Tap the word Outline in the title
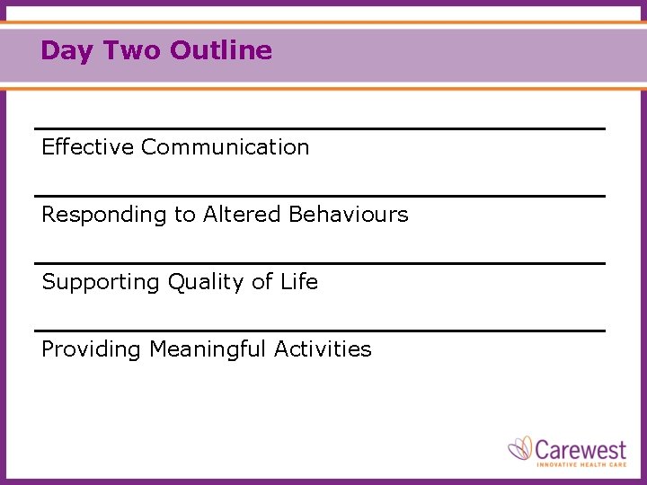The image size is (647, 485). (x=220, y=50)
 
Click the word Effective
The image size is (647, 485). (x=87, y=147)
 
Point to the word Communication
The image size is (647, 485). (x=225, y=147)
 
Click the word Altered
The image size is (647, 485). (x=243, y=215)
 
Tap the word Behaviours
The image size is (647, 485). (x=349, y=215)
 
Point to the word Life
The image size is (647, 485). (x=299, y=282)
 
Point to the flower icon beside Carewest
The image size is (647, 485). (x=521, y=448)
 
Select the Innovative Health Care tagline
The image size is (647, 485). (x=581, y=464)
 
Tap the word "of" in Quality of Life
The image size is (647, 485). (x=261, y=282)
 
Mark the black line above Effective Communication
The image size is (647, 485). (x=319, y=128)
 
